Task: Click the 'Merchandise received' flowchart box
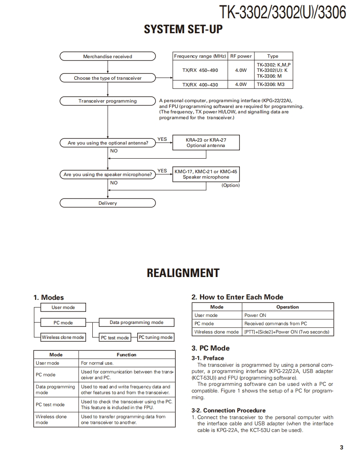click(108, 56)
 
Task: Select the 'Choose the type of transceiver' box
click(108, 78)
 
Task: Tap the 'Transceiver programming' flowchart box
click(108, 101)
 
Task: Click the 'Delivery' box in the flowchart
click(108, 203)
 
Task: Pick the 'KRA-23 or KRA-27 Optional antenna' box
click(206, 143)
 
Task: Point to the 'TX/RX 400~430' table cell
click(200, 85)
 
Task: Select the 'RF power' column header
click(241, 56)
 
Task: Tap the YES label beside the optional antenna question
click(162, 139)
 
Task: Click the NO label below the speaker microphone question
click(114, 183)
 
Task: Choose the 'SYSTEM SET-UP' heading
click(183, 29)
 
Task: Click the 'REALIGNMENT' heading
click(183, 273)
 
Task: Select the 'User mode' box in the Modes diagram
click(63, 307)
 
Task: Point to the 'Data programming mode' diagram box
click(136, 322)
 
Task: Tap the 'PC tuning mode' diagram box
click(155, 337)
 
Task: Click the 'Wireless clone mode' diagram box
click(63, 337)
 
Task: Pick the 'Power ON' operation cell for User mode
click(255, 315)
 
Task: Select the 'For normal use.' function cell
click(97, 363)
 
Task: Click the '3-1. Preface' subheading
click(207, 358)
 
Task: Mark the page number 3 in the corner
click(341, 447)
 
